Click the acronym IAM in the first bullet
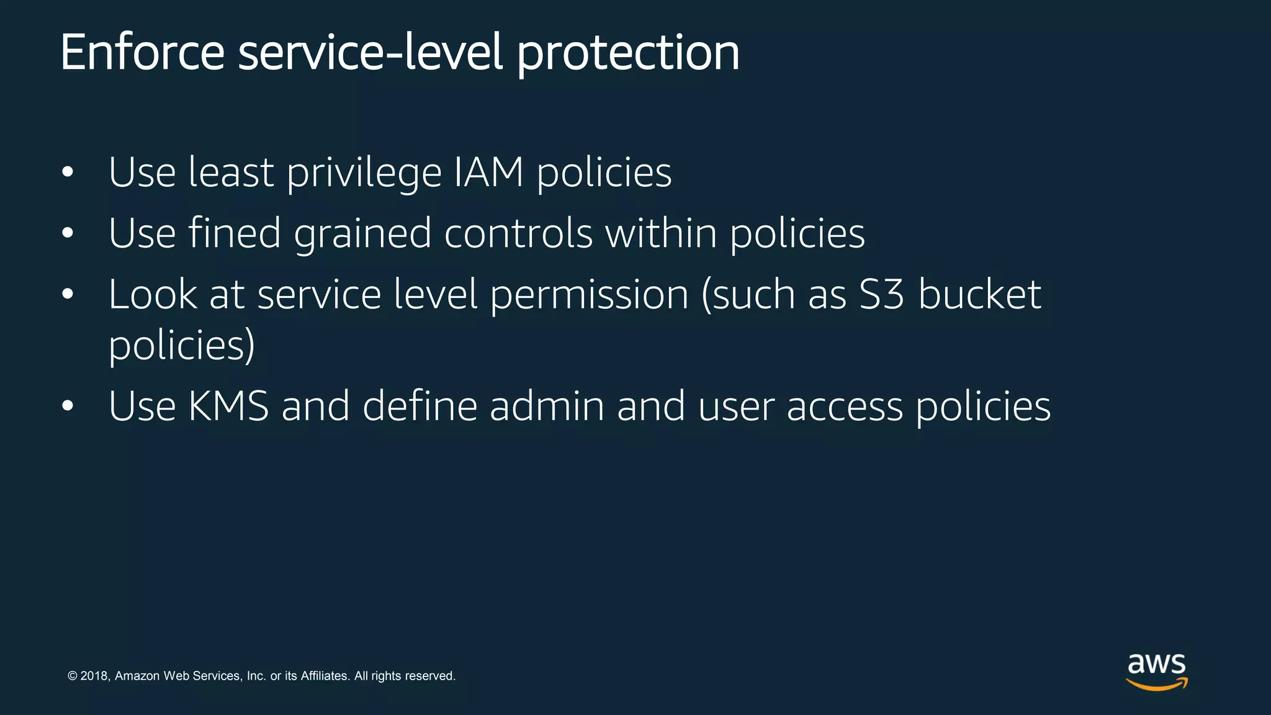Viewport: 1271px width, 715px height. coord(489,172)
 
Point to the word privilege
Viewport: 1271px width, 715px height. coord(364,173)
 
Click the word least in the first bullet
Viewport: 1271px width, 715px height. coord(231,172)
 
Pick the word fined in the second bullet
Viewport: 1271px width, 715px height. coord(235,233)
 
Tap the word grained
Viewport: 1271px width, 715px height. coord(362,235)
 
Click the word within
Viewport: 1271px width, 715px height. coord(661,233)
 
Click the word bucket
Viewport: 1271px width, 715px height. coord(979,294)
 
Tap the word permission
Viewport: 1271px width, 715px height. coord(589,295)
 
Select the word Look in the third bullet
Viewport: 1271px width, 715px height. coord(153,294)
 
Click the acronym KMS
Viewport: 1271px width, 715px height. coord(228,406)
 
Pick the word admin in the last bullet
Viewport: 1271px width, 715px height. coord(547,406)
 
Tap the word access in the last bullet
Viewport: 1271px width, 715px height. coord(845,407)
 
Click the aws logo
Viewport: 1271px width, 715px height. coord(1157,672)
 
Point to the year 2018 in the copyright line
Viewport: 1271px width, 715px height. coord(94,676)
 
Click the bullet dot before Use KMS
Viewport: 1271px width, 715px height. coord(68,407)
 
